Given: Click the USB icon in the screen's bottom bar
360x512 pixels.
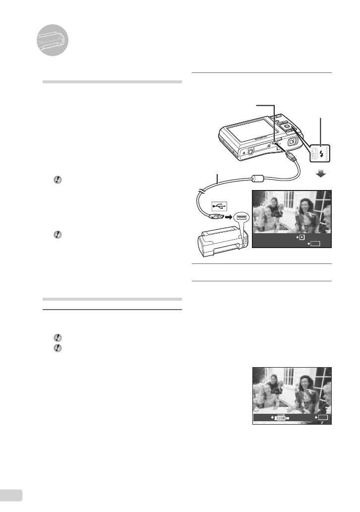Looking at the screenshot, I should (281, 418).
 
